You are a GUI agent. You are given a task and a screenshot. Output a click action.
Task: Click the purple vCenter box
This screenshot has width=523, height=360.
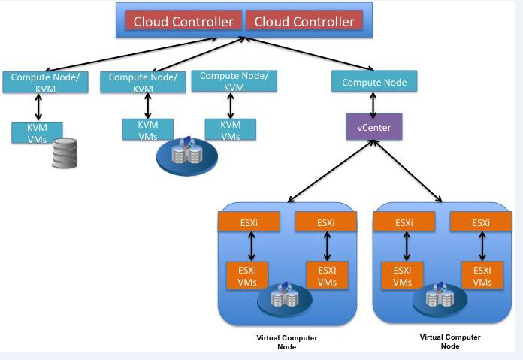tap(374, 127)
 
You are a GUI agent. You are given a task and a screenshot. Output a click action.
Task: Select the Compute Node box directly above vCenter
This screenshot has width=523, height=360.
tap(374, 81)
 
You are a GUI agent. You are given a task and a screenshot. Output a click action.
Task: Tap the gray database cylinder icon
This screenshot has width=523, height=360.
tap(65, 153)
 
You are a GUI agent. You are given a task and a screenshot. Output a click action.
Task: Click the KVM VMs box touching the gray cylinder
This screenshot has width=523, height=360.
tap(37, 133)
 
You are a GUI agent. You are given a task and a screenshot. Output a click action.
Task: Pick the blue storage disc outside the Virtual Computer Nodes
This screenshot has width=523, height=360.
tap(187, 156)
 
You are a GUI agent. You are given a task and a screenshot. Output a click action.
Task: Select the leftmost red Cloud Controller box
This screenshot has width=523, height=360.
tap(183, 21)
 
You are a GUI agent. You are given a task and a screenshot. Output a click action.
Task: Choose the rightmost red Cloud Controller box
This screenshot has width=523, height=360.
tap(304, 21)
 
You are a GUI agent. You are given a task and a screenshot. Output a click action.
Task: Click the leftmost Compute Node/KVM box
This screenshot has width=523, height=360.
tap(45, 82)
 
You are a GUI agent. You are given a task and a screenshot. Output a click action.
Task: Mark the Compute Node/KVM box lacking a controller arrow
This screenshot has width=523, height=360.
tap(234, 81)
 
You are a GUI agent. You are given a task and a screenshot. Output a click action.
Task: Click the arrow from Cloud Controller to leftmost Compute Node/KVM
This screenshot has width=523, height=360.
tap(131, 54)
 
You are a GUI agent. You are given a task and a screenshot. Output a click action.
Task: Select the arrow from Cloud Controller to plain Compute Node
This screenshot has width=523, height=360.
tap(309, 53)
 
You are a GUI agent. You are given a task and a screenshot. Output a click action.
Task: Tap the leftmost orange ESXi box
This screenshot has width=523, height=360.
tap(249, 222)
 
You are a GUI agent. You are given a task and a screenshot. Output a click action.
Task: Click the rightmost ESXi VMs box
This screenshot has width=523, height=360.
tap(482, 275)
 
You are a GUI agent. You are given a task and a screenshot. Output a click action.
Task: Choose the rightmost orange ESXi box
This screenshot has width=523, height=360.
tap(481, 222)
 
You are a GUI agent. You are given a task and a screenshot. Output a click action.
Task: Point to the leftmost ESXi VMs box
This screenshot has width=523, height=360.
tap(247, 275)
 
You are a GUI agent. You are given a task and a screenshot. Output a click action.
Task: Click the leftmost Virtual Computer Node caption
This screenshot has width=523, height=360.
tap(287, 342)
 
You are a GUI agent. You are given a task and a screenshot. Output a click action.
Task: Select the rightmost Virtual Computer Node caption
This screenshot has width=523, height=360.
tap(450, 342)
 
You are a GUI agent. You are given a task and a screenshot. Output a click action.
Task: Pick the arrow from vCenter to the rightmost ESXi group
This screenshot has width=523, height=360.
tap(408, 171)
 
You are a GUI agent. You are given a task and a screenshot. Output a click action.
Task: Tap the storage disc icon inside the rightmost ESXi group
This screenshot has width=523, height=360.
tap(440, 298)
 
